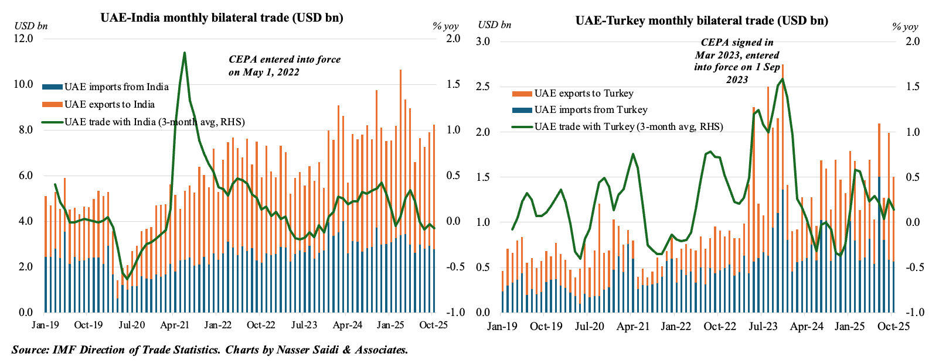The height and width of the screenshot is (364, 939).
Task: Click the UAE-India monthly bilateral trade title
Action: click(x=222, y=18)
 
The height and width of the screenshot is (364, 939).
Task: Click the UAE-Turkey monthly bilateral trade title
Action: click(x=702, y=20)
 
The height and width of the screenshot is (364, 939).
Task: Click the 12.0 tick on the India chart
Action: click(x=23, y=39)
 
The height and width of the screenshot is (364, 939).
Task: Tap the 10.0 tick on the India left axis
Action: click(x=23, y=84)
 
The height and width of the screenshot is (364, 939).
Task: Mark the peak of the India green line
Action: click(x=185, y=53)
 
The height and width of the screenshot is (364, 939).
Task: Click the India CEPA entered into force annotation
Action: click(x=284, y=66)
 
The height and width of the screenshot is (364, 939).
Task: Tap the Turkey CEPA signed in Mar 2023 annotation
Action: click(x=737, y=61)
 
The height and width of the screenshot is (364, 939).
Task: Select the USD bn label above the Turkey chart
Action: click(x=494, y=25)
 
